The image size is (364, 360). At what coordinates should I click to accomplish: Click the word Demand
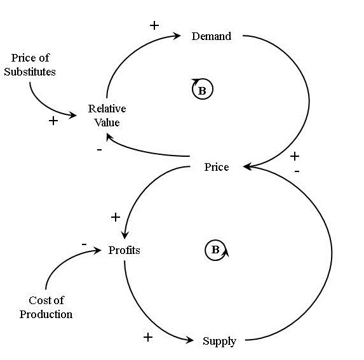[x=211, y=36]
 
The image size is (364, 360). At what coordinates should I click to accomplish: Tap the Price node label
[x=216, y=167]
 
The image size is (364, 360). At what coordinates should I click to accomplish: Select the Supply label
[x=219, y=341]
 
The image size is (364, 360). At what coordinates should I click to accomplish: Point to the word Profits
[x=124, y=250]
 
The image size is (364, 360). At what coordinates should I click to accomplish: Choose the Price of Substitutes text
[x=33, y=65]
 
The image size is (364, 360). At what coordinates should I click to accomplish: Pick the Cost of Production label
[x=46, y=307]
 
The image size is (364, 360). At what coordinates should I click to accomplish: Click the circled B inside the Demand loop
[x=203, y=90]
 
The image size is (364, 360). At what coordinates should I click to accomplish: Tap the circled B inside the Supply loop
[x=215, y=250]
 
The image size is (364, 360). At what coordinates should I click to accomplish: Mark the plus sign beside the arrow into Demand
[x=154, y=25]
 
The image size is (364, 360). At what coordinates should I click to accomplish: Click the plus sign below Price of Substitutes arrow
[x=53, y=121]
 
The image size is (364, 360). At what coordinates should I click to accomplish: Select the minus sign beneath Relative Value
[x=98, y=149]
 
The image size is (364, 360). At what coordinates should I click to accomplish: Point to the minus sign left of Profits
[x=84, y=244]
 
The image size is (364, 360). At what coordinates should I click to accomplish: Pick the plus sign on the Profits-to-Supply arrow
[x=148, y=337]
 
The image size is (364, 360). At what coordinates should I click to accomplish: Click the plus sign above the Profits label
[x=116, y=217]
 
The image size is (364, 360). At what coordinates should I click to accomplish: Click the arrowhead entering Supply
[x=190, y=342]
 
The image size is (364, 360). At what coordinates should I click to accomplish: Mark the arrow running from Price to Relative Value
[x=146, y=150]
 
